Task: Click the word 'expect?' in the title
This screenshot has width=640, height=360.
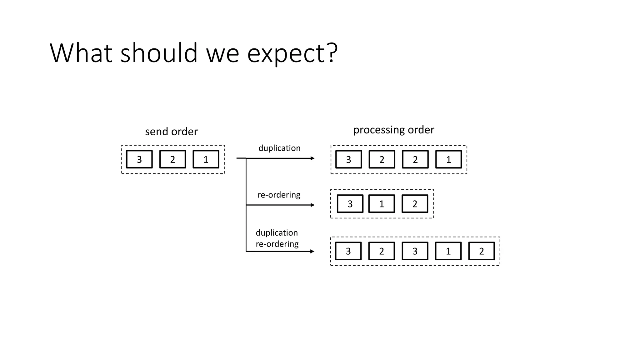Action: [292, 54]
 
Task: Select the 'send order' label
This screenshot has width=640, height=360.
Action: [171, 132]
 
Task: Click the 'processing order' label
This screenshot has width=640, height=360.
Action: [393, 130]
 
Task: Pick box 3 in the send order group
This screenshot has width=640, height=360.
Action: [139, 159]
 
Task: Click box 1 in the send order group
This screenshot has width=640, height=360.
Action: [206, 159]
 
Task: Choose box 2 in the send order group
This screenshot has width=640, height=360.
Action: [172, 159]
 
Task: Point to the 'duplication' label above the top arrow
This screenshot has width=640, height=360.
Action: [279, 148]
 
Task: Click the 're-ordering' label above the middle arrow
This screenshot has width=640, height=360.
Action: [279, 195]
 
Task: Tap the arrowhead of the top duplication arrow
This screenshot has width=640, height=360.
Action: [312, 158]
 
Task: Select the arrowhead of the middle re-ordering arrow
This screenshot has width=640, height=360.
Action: [312, 205]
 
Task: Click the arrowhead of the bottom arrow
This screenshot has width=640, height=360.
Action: [312, 251]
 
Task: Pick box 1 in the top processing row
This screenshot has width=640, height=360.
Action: [448, 159]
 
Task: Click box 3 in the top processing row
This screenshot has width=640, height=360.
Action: [348, 159]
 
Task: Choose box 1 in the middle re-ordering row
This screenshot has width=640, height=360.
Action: [382, 204]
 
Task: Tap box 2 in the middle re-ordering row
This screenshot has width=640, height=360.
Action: [415, 204]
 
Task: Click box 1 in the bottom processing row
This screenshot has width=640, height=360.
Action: [448, 251]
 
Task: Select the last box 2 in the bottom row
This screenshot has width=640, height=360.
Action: [482, 251]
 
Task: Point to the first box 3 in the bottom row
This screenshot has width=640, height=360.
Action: [348, 251]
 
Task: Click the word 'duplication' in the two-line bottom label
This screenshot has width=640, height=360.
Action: [277, 233]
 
